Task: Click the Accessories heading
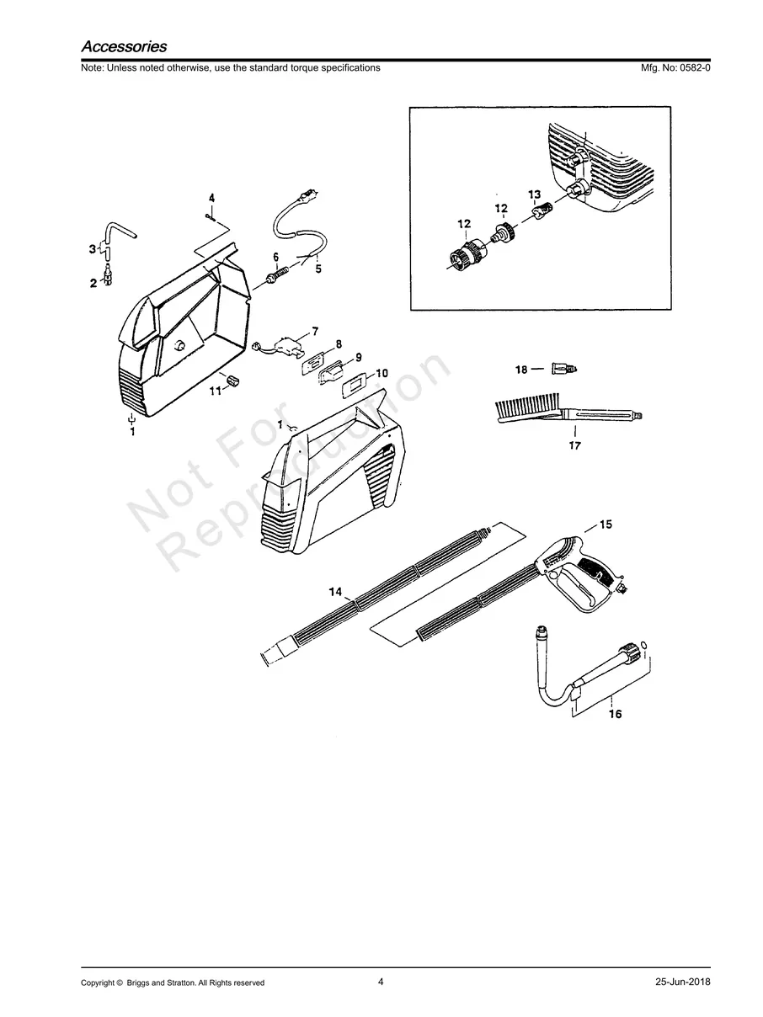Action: [x=124, y=47]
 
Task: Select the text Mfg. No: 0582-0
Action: [x=675, y=67]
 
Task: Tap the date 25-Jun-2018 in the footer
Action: [x=682, y=982]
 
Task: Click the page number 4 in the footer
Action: [x=381, y=982]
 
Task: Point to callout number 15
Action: [x=606, y=524]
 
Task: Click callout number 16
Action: [x=615, y=714]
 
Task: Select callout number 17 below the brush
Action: [x=574, y=445]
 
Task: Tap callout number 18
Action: [x=521, y=370]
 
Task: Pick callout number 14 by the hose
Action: [x=335, y=593]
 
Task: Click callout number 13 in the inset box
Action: [x=534, y=194]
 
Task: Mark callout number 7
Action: [x=315, y=331]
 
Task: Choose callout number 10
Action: [x=381, y=372]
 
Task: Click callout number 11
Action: [x=214, y=391]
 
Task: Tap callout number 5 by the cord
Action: [x=317, y=269]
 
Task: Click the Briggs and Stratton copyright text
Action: [x=173, y=982]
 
